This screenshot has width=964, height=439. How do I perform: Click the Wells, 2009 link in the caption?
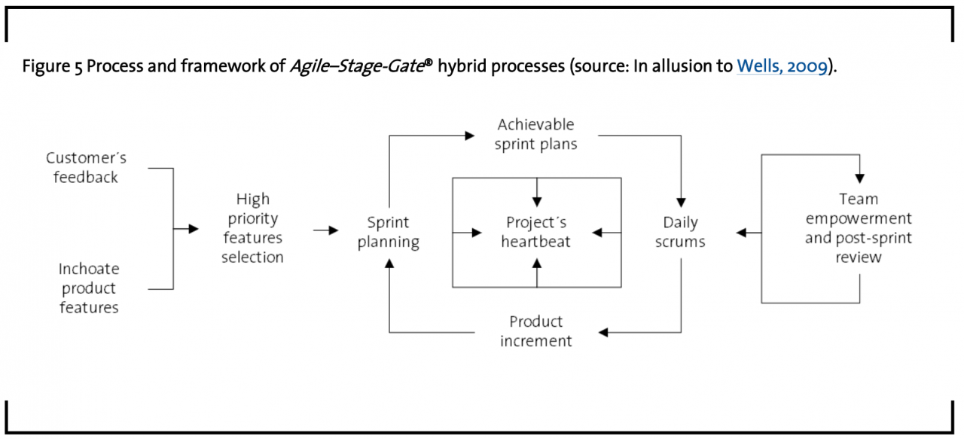tap(782, 66)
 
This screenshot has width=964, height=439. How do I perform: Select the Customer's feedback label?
tap(86, 168)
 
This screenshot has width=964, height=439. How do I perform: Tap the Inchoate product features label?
tap(89, 288)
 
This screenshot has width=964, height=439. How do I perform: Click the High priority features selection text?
tap(252, 228)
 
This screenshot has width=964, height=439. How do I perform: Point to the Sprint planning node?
tap(388, 232)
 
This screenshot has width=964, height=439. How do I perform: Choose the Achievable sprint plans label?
tap(535, 134)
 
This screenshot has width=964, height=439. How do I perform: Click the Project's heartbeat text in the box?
tap(536, 232)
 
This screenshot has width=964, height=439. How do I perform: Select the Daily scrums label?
tap(680, 232)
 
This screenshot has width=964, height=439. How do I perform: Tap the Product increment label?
tap(535, 331)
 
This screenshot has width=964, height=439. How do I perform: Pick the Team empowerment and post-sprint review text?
tap(858, 228)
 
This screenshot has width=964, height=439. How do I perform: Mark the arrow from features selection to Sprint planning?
tap(326, 230)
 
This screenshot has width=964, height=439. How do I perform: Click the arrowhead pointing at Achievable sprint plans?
tap(470, 136)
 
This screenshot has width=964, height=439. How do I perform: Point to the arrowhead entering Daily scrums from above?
tap(681, 203)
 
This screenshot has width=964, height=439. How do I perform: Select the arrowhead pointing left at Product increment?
tap(604, 332)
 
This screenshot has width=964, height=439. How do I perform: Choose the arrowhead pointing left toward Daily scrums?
tap(741, 233)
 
